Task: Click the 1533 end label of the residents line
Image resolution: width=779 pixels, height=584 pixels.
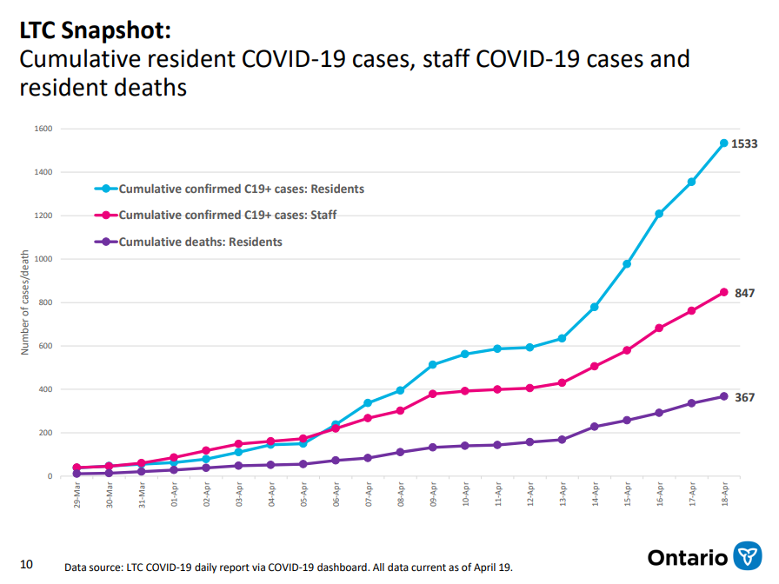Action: (744, 144)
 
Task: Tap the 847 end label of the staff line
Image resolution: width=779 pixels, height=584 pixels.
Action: (744, 294)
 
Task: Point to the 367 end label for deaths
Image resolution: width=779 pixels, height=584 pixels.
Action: (744, 397)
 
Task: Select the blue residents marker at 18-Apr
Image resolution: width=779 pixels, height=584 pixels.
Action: (723, 143)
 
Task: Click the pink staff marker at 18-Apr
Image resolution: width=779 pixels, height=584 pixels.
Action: (723, 293)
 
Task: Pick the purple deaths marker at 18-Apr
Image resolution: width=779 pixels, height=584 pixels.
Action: (723, 396)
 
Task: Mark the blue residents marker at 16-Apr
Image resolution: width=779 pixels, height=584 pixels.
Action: (659, 214)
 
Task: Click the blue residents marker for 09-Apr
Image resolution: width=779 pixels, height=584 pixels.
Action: (432, 365)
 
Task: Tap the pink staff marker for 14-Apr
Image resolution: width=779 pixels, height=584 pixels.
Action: (595, 367)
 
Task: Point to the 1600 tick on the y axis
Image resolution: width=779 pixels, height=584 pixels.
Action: (43, 129)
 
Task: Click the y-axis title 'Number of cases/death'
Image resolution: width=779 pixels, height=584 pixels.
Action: (25, 303)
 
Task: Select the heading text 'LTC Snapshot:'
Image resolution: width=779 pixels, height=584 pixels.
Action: (95, 30)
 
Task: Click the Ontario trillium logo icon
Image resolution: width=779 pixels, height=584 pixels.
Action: (748, 557)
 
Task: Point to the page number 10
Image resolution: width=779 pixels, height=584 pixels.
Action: (26, 565)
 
